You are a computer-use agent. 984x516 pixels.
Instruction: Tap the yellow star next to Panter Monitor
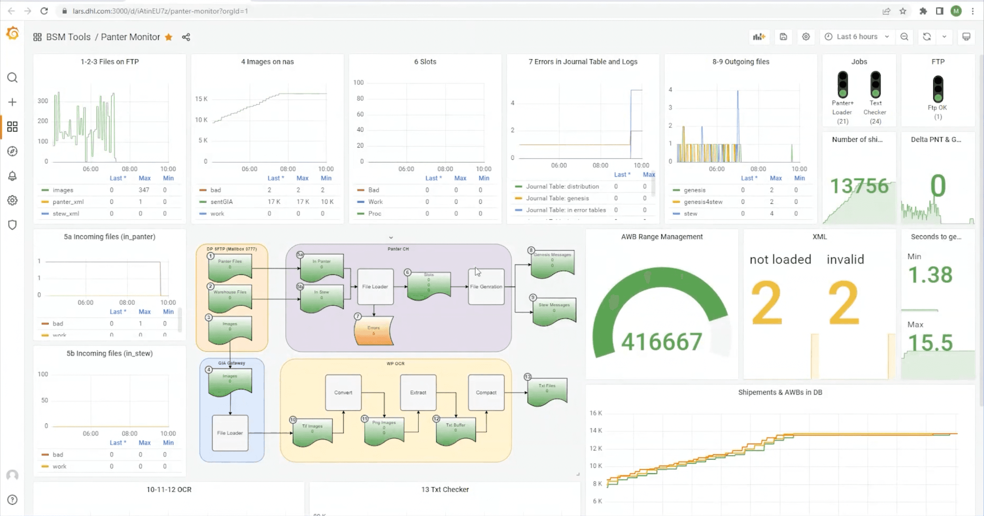(169, 37)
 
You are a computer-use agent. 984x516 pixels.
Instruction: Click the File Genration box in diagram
(486, 287)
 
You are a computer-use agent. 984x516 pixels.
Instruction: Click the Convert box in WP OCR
(343, 392)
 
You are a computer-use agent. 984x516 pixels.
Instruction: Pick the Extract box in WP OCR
(418, 392)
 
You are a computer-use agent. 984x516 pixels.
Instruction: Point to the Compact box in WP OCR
(486, 392)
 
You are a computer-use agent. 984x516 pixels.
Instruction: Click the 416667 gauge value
(661, 341)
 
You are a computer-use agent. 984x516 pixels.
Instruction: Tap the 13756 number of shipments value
(859, 186)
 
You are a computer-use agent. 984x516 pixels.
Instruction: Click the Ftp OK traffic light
(938, 88)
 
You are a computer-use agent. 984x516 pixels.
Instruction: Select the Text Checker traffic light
(875, 84)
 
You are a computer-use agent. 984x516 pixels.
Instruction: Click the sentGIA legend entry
(221, 202)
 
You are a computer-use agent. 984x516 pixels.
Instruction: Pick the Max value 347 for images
(144, 190)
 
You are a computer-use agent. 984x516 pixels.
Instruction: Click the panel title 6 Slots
(425, 61)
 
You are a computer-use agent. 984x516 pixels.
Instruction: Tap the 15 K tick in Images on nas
(201, 99)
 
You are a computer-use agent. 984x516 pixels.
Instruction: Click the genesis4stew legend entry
(703, 202)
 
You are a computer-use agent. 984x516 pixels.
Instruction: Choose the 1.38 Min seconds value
(930, 275)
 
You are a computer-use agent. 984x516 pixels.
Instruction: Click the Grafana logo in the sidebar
(12, 33)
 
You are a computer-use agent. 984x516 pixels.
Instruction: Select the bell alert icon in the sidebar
(12, 176)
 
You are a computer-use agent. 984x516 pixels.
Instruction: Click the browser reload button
(44, 11)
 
